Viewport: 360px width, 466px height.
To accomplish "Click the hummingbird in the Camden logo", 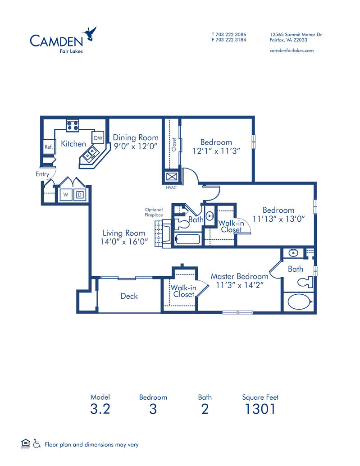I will pos(90,34).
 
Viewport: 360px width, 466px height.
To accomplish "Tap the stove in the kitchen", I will pos(72,125).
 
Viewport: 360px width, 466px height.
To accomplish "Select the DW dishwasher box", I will pos(98,138).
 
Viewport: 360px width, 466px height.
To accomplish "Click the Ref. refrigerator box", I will pos(49,146).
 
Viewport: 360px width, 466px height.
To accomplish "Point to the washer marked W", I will pos(66,195).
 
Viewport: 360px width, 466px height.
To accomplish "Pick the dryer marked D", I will pos(79,195).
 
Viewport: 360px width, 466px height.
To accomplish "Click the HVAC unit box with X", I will pos(172,176).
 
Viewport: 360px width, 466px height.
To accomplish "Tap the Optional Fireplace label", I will pos(154,212).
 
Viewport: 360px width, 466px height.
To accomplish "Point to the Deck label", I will pos(129,296).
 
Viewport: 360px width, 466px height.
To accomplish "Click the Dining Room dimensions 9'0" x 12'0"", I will pos(136,146).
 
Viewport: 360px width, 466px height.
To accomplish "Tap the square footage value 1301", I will pos(260,409).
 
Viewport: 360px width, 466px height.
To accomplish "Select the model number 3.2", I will pos(100,409).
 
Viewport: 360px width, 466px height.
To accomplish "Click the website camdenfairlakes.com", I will pos(291,50).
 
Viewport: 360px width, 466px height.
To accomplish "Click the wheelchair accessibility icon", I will pos(37,444).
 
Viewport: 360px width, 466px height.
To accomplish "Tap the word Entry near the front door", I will pos(42,174).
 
